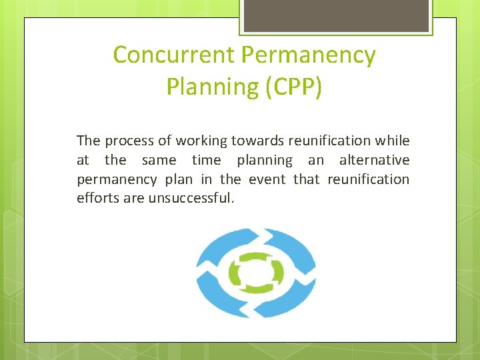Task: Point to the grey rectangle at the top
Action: pos(336,15)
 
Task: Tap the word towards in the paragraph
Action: pos(253,141)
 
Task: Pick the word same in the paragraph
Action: pos(159,160)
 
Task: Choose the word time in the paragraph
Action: pos(207,160)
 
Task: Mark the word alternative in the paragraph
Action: pos(374,160)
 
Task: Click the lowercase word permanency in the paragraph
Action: pos(117,179)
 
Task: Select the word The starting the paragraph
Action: pos(88,141)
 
